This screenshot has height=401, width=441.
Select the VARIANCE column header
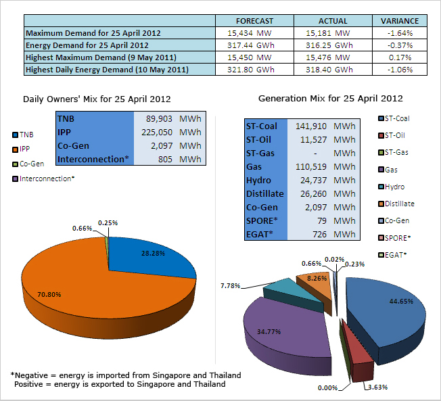400,21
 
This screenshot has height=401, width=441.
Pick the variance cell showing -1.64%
400,32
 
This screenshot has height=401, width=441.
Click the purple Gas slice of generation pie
274,331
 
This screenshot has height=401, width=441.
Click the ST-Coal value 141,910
310,126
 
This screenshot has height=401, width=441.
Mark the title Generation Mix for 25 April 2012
331,99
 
